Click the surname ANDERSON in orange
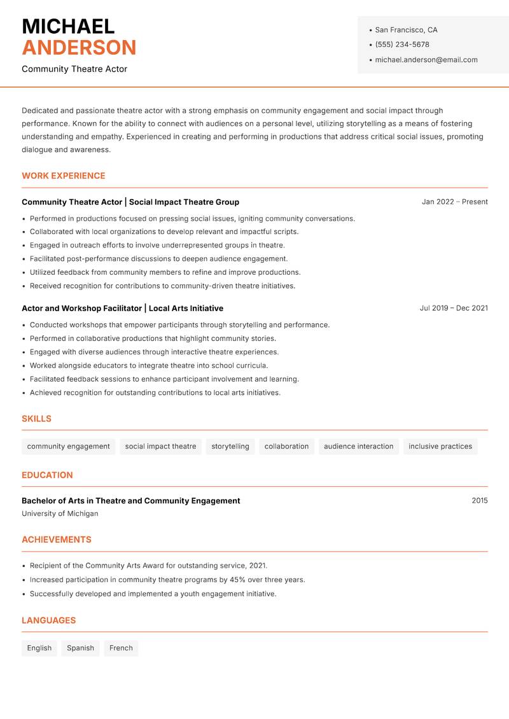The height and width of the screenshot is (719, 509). (x=79, y=48)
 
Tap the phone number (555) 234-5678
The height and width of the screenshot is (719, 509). (x=402, y=45)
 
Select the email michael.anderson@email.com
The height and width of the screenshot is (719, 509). (x=426, y=60)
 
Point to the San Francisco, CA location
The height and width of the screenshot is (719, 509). (x=406, y=30)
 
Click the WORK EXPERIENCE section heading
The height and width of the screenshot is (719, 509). (x=64, y=176)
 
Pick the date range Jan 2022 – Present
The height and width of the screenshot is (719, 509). (x=454, y=202)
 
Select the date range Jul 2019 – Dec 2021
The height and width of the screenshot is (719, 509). (x=454, y=308)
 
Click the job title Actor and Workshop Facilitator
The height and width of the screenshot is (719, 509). (x=81, y=308)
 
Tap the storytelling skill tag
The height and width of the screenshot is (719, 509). (x=230, y=447)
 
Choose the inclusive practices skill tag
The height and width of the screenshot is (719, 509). (x=440, y=447)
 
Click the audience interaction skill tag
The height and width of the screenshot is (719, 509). (x=358, y=447)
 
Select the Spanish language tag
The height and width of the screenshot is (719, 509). (x=80, y=648)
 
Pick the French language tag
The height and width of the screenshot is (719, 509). (x=121, y=648)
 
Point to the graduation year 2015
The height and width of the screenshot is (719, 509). (x=480, y=501)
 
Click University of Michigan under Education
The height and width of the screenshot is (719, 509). (x=60, y=513)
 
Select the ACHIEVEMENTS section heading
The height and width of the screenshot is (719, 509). (x=57, y=540)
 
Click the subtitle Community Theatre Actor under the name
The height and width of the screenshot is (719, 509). (x=74, y=69)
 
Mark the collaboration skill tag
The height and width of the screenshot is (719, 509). (x=286, y=447)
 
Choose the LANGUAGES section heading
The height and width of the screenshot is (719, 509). (x=48, y=620)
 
